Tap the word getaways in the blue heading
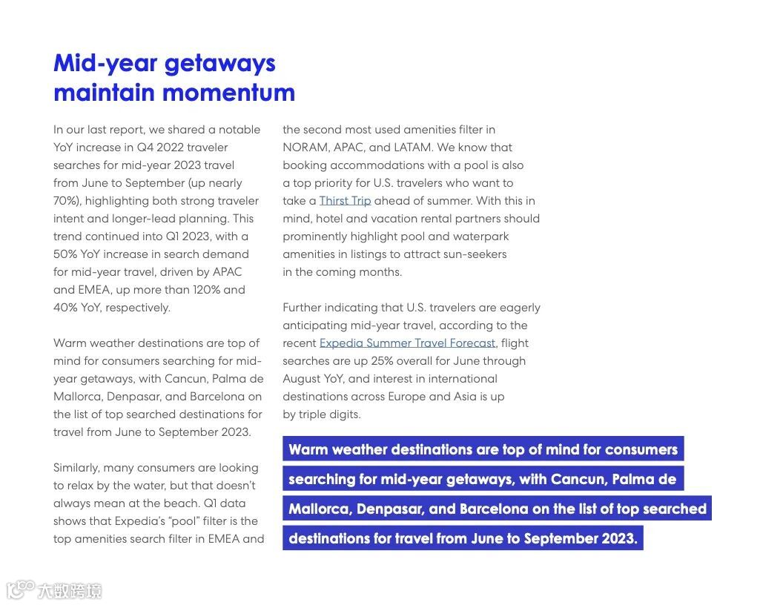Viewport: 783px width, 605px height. pos(219,63)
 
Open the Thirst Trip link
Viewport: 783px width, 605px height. pos(345,201)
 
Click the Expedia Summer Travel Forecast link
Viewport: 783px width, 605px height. pos(407,343)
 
